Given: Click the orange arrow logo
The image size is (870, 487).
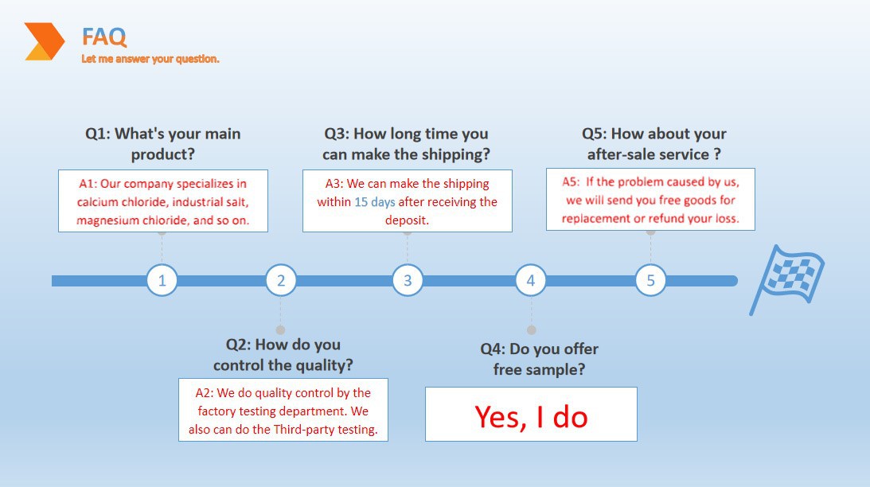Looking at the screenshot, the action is pyautogui.click(x=45, y=41).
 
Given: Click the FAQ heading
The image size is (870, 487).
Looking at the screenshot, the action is pyautogui.click(x=104, y=37).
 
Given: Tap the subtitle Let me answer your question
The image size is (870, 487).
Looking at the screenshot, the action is pyautogui.click(x=150, y=59).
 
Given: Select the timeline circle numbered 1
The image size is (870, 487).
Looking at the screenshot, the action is pyautogui.click(x=162, y=280).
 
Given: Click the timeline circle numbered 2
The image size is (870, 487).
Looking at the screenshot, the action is pyautogui.click(x=281, y=280).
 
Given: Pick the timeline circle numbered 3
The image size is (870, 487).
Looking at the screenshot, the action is pyautogui.click(x=408, y=280).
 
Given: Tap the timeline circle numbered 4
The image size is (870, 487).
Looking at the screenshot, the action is pyautogui.click(x=530, y=280).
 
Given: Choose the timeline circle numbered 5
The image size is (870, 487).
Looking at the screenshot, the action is pyautogui.click(x=650, y=280).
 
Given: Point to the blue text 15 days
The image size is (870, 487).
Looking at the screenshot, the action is pyautogui.click(x=375, y=202).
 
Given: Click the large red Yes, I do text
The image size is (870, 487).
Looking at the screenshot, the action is pyautogui.click(x=531, y=417).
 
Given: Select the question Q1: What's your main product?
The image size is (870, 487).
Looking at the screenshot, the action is pyautogui.click(x=162, y=144).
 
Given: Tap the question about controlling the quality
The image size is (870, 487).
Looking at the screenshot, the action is pyautogui.click(x=283, y=354).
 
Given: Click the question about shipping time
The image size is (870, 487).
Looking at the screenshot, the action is pyautogui.click(x=406, y=144).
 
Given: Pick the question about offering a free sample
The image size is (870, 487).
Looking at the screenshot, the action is pyautogui.click(x=540, y=359).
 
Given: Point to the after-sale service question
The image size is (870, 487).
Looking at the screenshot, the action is pyautogui.click(x=654, y=144).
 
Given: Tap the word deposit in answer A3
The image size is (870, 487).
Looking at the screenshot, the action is pyautogui.click(x=406, y=220).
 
